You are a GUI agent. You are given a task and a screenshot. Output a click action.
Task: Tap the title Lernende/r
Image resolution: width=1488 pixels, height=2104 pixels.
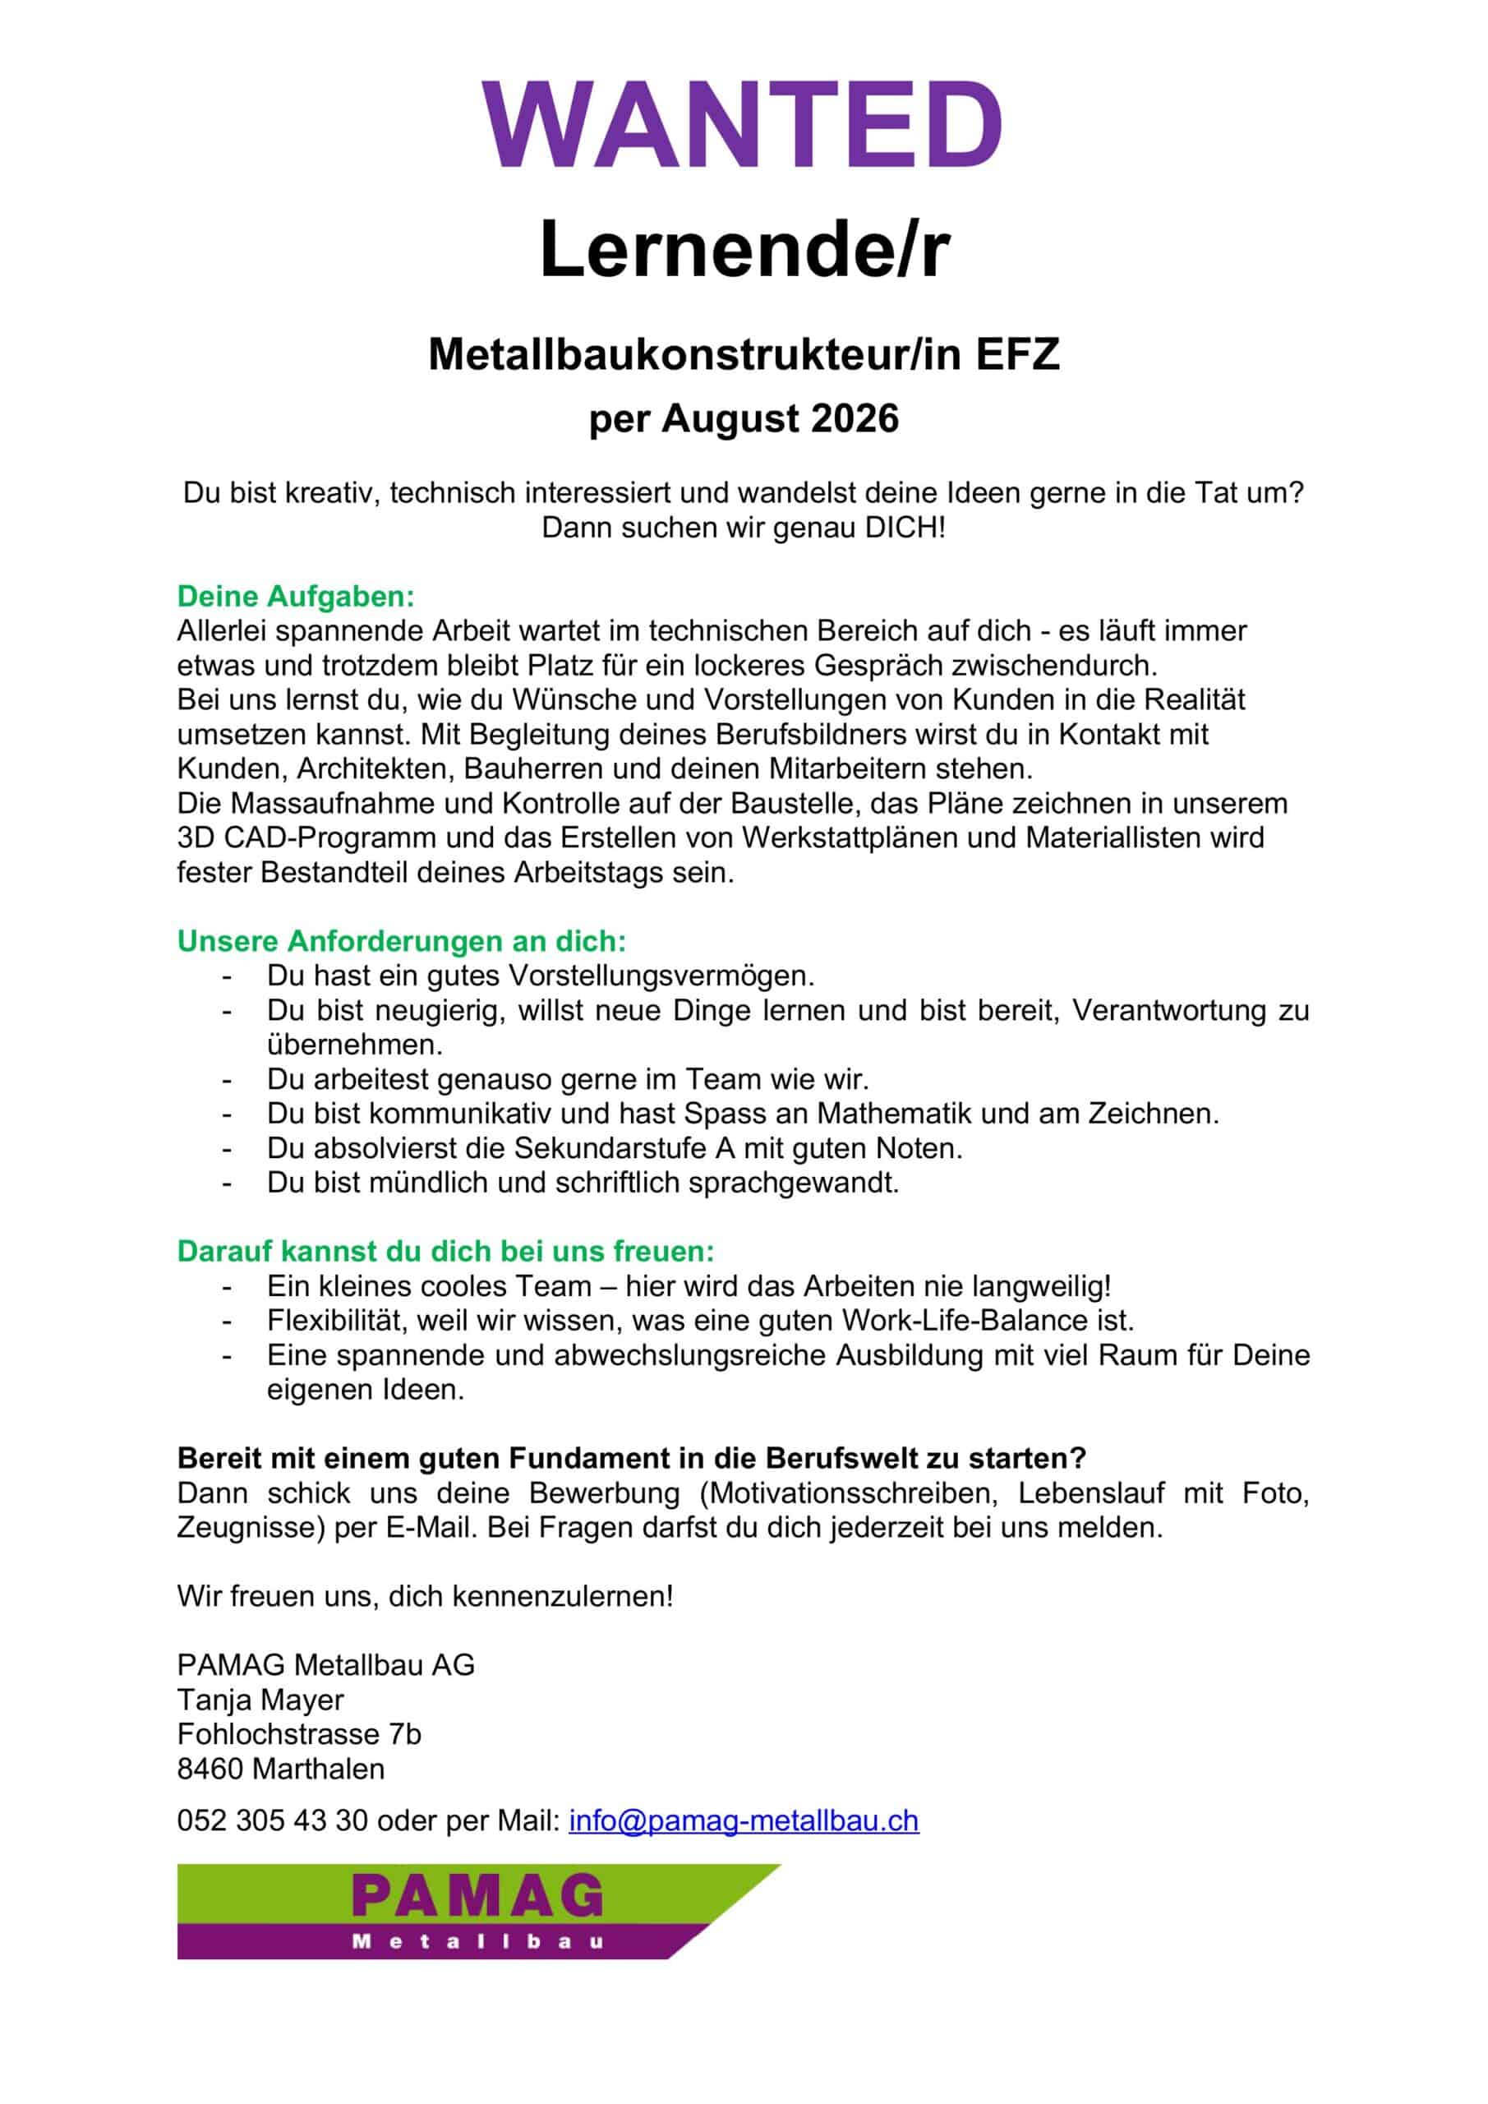click(743, 249)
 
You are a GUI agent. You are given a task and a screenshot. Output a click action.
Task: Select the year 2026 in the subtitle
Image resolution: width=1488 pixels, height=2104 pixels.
click(855, 419)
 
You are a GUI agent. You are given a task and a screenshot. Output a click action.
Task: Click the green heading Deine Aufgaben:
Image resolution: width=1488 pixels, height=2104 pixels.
click(296, 597)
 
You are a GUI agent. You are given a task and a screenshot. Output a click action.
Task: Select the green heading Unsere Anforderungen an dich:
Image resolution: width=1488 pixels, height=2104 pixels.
click(401, 941)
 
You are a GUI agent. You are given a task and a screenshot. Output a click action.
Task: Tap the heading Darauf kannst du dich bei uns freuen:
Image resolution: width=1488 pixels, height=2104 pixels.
click(445, 1251)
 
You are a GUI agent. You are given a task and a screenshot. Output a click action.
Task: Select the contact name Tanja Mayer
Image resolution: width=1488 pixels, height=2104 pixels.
click(260, 1700)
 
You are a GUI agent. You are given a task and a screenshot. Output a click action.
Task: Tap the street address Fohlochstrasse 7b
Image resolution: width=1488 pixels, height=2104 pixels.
click(299, 1735)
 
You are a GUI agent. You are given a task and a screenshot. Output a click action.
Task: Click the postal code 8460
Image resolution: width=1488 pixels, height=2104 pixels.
click(210, 1769)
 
